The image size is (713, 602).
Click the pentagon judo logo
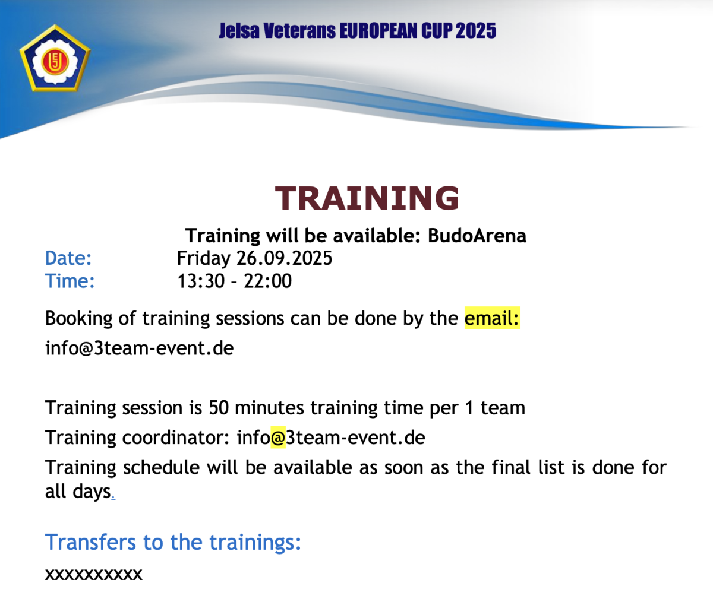click(55, 58)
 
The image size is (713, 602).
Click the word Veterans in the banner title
click(299, 31)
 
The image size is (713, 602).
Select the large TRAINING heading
click(367, 198)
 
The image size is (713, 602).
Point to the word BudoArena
click(477, 236)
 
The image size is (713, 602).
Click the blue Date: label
click(68, 258)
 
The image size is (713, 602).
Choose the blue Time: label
click(70, 281)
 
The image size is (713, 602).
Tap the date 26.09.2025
click(284, 258)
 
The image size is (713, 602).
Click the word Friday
click(204, 258)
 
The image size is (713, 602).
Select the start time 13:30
click(201, 281)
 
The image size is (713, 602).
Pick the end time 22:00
click(268, 281)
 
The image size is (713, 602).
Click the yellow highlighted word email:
click(492, 318)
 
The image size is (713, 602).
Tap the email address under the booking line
click(139, 348)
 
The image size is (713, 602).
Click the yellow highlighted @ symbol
click(278, 438)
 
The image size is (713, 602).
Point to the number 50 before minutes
click(219, 408)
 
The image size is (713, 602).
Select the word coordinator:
click(176, 438)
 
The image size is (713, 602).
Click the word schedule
click(161, 468)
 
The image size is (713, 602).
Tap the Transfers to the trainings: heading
click(173, 542)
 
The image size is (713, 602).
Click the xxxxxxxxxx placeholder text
click(93, 574)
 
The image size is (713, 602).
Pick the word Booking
click(79, 319)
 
